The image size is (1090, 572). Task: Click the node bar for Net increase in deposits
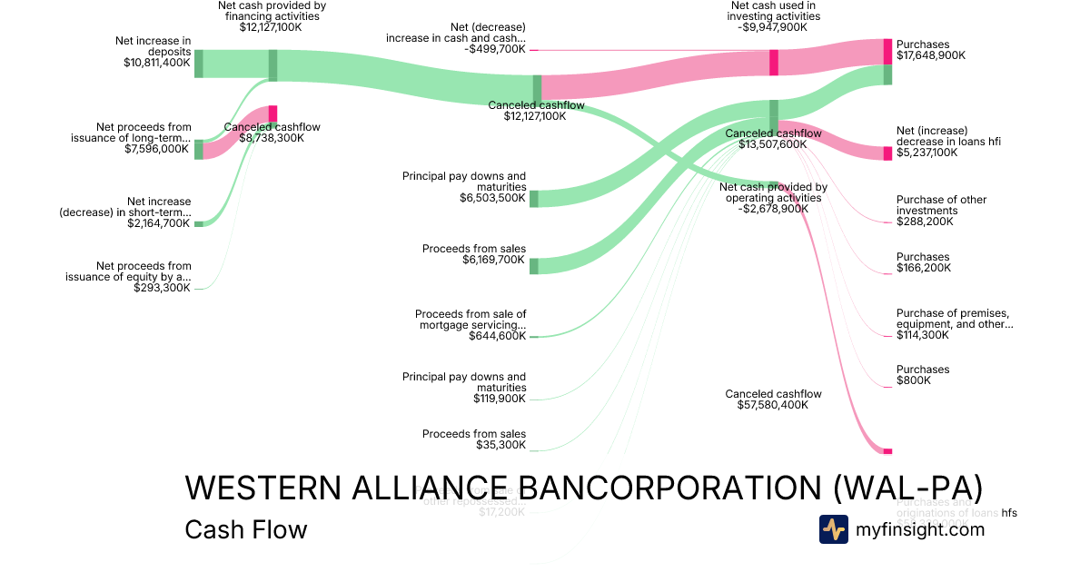coord(198,64)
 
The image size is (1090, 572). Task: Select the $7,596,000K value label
coord(157,149)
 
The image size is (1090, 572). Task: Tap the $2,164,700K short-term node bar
coord(198,223)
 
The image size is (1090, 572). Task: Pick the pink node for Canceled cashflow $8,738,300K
coord(272,113)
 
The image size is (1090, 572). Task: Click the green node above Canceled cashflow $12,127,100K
coord(537,88)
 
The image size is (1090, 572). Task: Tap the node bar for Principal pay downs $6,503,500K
coord(533,199)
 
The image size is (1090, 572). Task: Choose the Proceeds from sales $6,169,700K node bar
coord(533,266)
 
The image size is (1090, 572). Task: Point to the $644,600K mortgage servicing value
coord(497,336)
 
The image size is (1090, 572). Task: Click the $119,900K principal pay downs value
coord(499,399)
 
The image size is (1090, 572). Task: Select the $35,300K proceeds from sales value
coord(500,445)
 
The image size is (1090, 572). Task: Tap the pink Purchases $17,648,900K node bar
coord(887,52)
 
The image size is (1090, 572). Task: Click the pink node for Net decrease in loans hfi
coord(887,153)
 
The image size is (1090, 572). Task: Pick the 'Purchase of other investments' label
coord(941,205)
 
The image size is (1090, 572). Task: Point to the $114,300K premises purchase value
coord(923,335)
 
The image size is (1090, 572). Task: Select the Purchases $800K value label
coord(914,380)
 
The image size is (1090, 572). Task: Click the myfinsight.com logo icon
coord(833,529)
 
